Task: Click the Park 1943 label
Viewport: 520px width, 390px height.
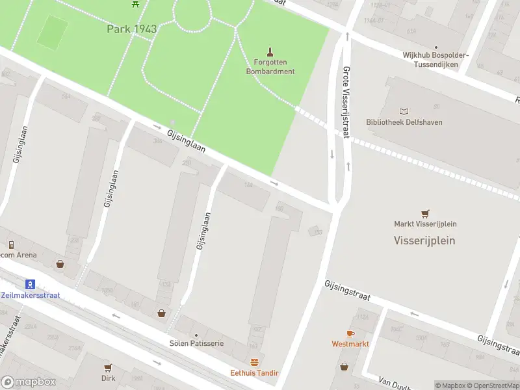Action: [132, 29]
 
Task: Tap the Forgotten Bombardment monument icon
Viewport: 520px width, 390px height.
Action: [270, 51]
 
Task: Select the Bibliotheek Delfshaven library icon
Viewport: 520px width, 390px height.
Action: [405, 112]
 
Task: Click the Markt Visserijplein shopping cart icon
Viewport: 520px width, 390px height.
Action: [425, 213]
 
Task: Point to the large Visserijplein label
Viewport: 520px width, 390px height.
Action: [424, 240]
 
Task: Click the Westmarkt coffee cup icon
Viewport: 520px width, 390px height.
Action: [350, 333]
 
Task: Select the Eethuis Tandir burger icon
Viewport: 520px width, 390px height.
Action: [254, 362]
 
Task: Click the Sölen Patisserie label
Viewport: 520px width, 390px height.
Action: [196, 343]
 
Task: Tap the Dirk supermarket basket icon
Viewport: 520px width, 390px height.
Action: [108, 367]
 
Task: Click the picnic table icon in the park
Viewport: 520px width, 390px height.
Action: [136, 3]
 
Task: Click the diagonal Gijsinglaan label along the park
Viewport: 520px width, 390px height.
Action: [186, 140]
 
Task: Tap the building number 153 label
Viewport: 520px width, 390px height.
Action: [317, 231]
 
